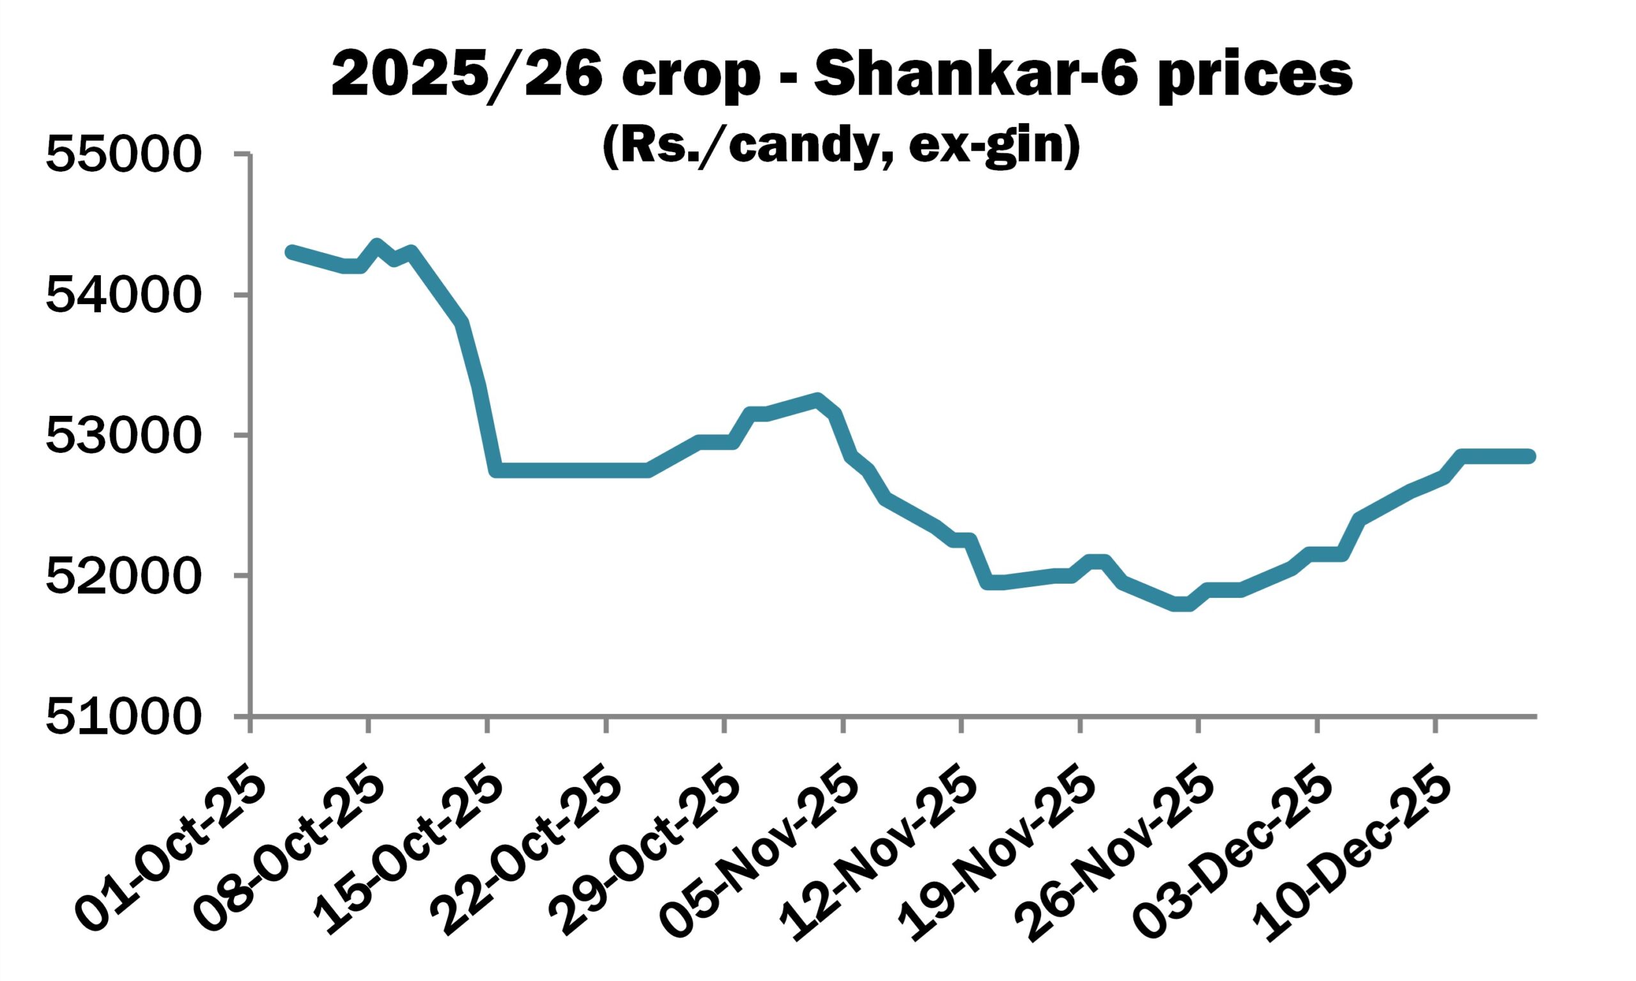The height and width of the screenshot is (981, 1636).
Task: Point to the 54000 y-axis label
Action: (x=122, y=296)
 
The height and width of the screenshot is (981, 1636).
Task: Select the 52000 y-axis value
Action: (x=122, y=576)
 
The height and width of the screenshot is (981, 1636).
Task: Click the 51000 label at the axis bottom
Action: (x=122, y=717)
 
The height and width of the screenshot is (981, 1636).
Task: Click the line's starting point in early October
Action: (x=291, y=252)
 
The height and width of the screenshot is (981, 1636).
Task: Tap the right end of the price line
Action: (x=1529, y=456)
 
